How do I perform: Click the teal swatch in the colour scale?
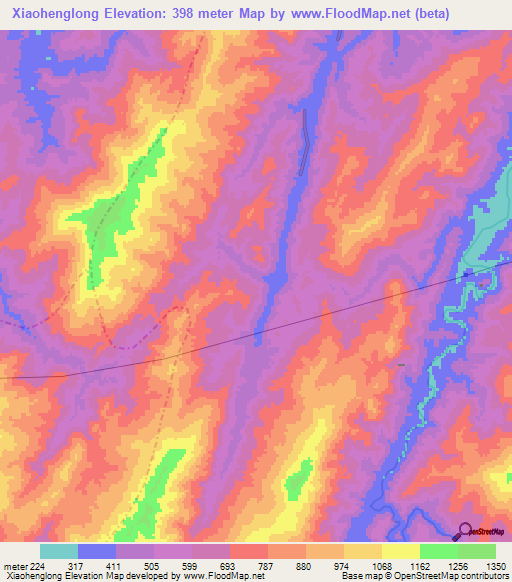pyautogui.click(x=59, y=551)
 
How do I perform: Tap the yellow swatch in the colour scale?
pyautogui.click(x=400, y=551)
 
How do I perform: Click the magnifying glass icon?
pyautogui.click(x=465, y=531)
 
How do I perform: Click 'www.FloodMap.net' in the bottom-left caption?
pyautogui.click(x=215, y=577)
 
